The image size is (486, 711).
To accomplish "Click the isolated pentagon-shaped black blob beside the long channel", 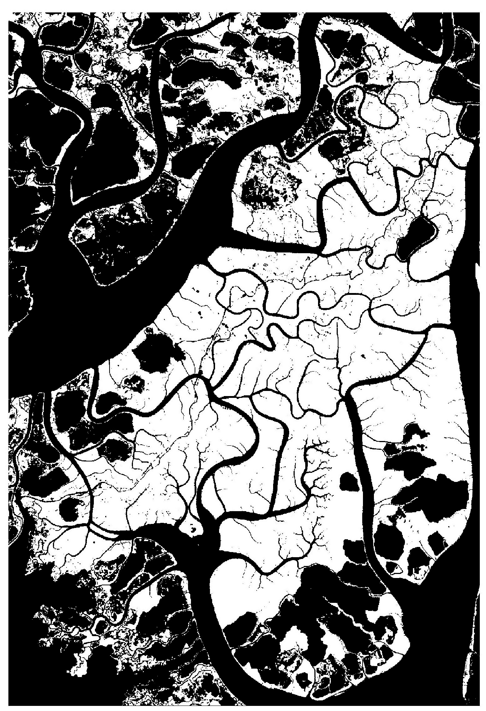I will coord(348,482).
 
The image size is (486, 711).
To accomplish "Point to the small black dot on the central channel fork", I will coord(200,372).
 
